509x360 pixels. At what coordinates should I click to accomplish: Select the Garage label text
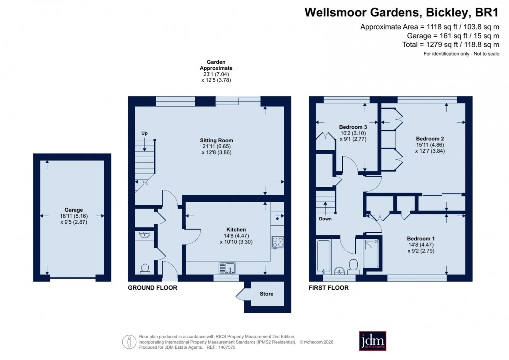[73, 210]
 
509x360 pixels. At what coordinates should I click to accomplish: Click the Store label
[266, 294]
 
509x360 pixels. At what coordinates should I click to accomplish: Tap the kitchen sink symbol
[227, 268]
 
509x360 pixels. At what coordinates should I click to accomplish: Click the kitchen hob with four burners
[277, 243]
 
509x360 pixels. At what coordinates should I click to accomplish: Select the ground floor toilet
[145, 269]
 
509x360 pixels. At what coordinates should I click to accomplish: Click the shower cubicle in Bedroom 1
[371, 253]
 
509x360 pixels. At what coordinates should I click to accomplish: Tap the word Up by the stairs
[144, 133]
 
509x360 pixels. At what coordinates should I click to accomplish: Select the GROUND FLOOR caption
[152, 288]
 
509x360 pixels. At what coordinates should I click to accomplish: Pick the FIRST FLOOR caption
[329, 288]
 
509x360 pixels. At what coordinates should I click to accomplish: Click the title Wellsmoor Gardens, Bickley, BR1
[402, 12]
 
